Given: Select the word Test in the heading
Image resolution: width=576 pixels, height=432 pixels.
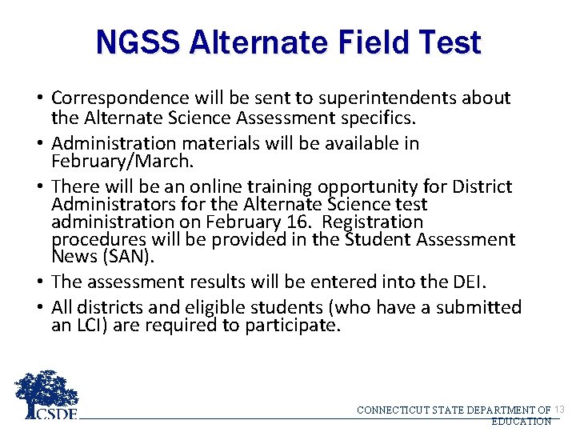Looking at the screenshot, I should pos(450,42).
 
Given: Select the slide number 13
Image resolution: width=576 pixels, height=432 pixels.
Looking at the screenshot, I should pos(559,410).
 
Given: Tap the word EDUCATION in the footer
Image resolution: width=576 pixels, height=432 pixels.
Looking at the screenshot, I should pos(521,421).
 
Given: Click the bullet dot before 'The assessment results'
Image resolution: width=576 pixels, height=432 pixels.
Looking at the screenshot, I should pos(39,282).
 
